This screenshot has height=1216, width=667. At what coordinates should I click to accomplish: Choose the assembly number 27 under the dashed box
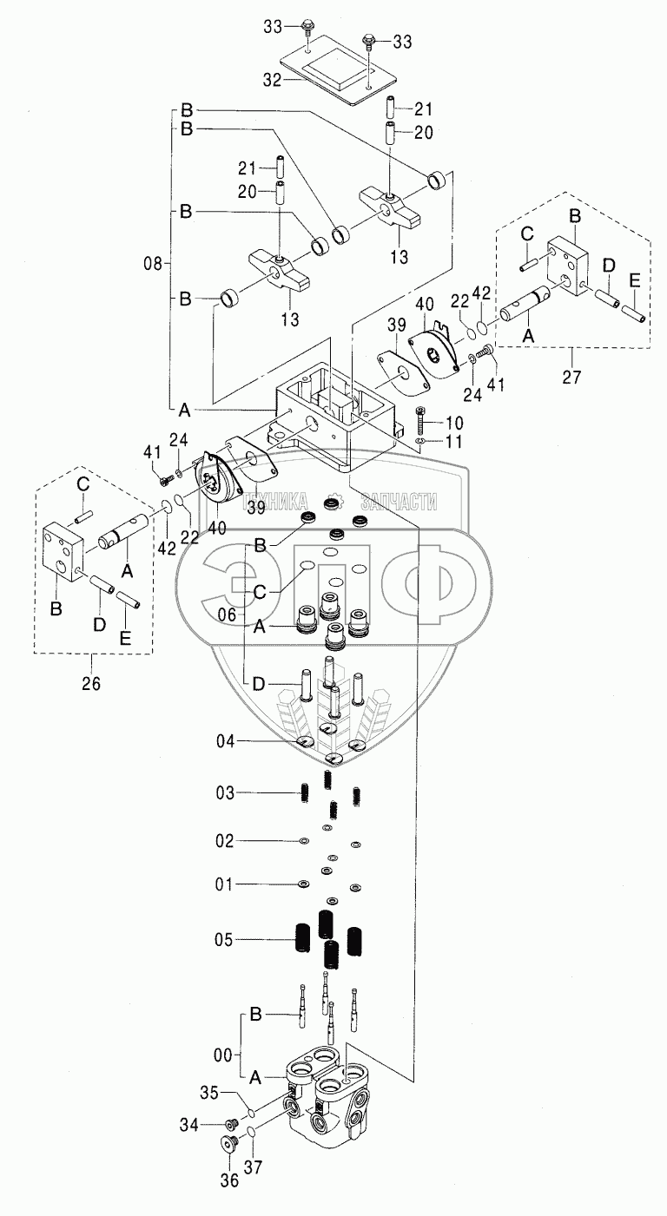tap(570, 378)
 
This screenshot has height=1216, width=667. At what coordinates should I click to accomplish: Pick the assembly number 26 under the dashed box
tap(90, 684)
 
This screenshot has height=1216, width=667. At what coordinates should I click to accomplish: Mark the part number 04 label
tap(226, 741)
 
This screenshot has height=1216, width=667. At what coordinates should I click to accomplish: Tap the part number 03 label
tap(226, 792)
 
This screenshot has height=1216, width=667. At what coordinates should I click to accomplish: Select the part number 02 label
tap(226, 841)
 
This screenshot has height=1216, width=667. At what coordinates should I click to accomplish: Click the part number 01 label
tap(226, 884)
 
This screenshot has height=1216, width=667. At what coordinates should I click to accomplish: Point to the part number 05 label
tap(226, 939)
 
